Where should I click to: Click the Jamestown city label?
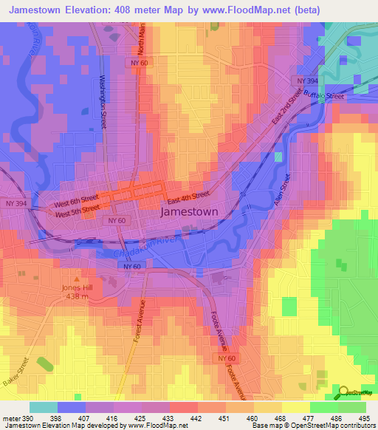[x=190, y=211]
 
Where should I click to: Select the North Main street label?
[x=142, y=40]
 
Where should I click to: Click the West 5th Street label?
[x=77, y=211]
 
